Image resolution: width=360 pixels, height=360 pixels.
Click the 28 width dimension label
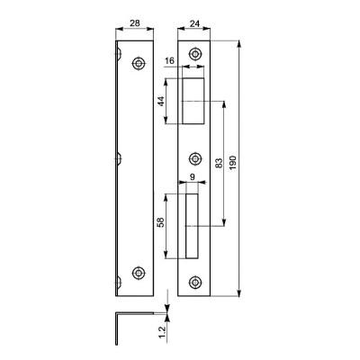[x=135, y=23]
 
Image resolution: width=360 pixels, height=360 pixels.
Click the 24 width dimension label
[x=194, y=23]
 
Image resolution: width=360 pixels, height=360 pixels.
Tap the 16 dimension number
[x=169, y=61]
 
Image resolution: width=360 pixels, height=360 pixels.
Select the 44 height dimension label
[x=161, y=101]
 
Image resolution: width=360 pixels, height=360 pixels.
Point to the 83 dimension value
[x=220, y=163]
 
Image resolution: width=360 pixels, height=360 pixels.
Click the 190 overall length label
[x=233, y=163]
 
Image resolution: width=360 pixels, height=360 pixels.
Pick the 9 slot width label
[x=193, y=177]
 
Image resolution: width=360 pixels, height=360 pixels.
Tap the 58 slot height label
[x=161, y=222]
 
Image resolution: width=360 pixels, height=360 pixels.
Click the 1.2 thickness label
[x=162, y=332]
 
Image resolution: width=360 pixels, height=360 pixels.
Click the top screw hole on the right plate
[x=195, y=54]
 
